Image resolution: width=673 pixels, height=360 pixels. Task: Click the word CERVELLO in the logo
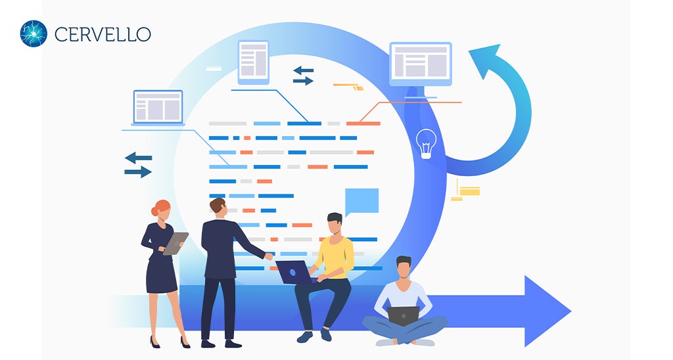(x=103, y=34)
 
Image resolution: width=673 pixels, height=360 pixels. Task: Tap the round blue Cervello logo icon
(x=34, y=34)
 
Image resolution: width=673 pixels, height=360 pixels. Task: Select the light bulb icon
(x=426, y=144)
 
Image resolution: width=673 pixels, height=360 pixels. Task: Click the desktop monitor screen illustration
(x=421, y=64)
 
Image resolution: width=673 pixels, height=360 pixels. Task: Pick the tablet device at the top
(x=254, y=62)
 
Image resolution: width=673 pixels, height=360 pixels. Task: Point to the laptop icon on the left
(x=158, y=108)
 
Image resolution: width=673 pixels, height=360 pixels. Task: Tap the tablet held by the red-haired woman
(x=175, y=243)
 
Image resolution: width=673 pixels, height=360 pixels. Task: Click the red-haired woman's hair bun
(x=154, y=211)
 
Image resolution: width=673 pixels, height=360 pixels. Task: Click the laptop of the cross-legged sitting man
(x=403, y=316)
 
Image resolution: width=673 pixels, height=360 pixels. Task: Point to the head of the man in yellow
(x=335, y=223)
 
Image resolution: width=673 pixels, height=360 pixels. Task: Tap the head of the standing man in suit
(x=218, y=208)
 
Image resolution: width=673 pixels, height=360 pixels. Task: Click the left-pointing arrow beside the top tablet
(x=304, y=70)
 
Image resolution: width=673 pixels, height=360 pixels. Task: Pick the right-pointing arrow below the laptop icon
(x=138, y=172)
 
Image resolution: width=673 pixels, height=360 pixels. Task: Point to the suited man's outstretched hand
(x=269, y=256)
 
